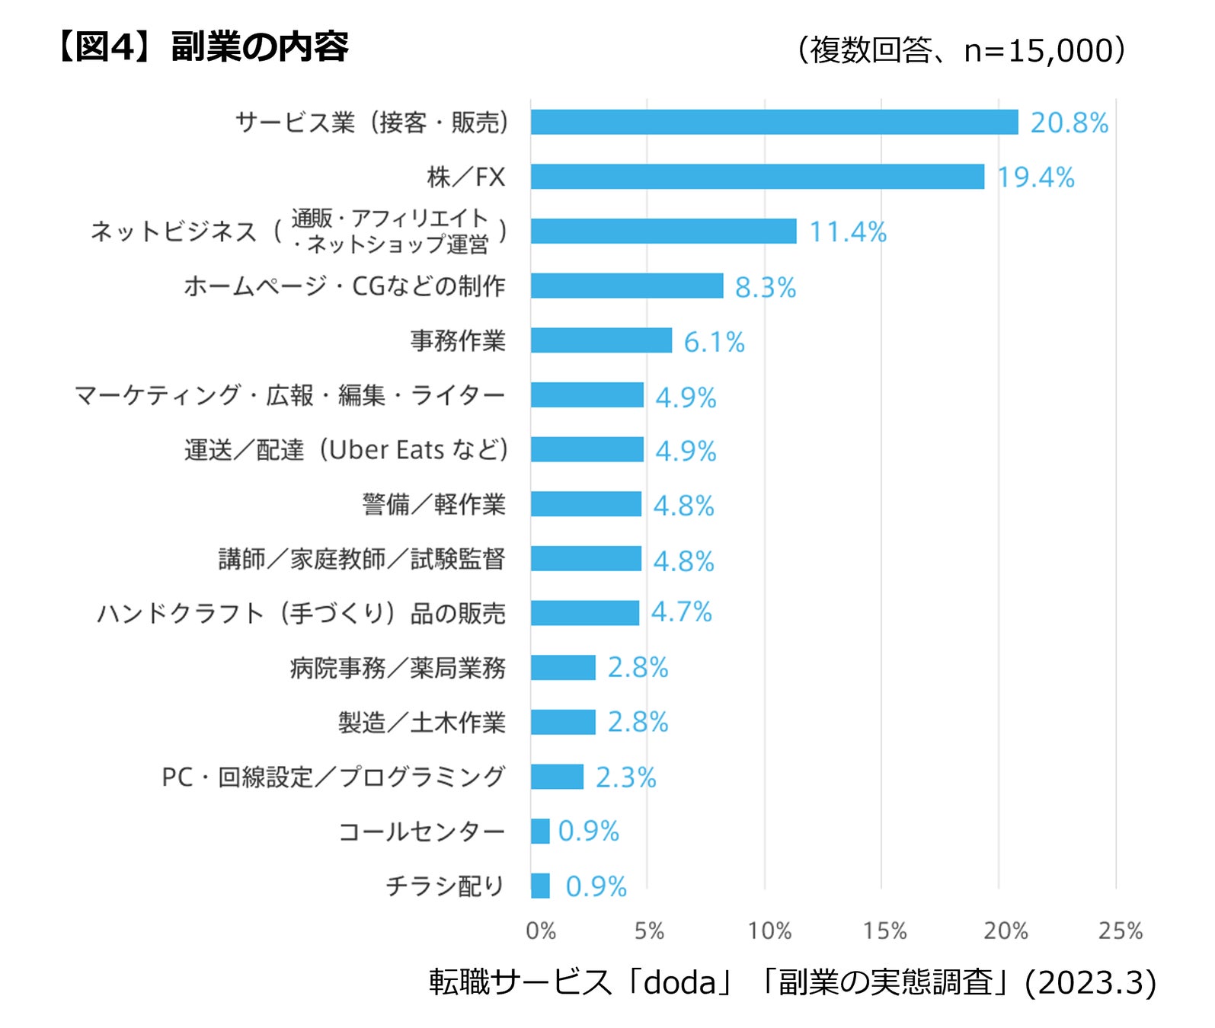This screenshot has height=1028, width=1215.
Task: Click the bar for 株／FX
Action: [757, 177]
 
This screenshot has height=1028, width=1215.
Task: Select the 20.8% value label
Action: [1069, 123]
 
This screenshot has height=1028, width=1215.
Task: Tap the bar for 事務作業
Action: [601, 340]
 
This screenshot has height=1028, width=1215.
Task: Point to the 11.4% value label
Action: [848, 231]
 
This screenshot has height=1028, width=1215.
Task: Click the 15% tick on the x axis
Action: [884, 931]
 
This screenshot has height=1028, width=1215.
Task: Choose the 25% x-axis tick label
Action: [1120, 931]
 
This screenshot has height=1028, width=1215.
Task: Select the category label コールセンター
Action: [421, 832]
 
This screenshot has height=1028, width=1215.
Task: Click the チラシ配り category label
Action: [445, 886]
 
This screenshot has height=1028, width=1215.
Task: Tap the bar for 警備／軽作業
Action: [586, 504]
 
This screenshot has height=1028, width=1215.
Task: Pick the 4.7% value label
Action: [681, 612]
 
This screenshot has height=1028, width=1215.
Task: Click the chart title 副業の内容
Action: [260, 47]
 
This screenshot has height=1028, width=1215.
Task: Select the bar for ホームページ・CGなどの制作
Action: [626, 286]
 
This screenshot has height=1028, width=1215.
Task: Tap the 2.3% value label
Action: [625, 777]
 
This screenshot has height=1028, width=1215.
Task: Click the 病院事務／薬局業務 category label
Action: [398, 669]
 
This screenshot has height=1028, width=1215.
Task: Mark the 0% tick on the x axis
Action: [541, 931]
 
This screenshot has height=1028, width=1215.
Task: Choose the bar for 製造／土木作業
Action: [563, 722]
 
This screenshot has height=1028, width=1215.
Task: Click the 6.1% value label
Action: [714, 342]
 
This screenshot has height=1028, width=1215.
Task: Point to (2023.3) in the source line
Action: [1090, 982]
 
